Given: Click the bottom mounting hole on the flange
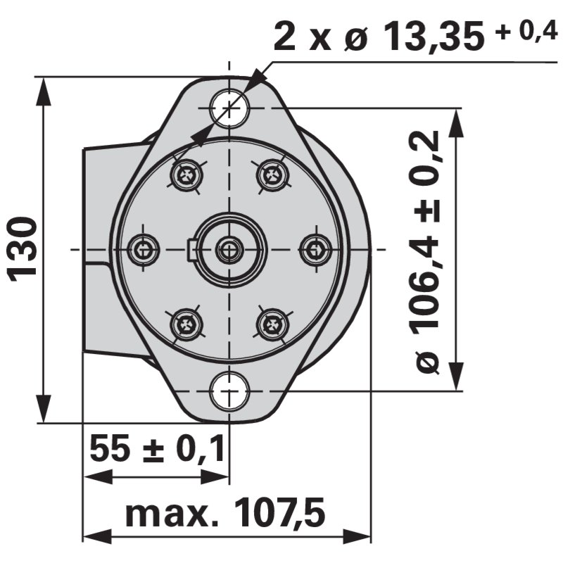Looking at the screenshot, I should pos(229,391).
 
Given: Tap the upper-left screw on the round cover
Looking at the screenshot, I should pos(186,175).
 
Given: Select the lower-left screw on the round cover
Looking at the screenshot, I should pos(186,324).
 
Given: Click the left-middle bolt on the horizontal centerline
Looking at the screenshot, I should pos(144,249).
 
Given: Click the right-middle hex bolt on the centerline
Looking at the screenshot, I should pos(315,249).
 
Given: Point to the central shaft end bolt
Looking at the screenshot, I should pos(229,249).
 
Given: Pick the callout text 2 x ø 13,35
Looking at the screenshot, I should pos(379,37).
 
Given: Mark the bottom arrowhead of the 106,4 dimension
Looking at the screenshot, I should pos(457,377).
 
